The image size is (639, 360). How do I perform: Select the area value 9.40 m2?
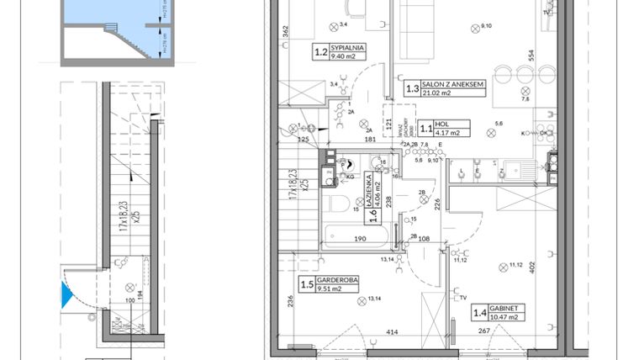(x=345, y=58)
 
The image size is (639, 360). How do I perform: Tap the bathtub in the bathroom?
(x=354, y=229)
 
